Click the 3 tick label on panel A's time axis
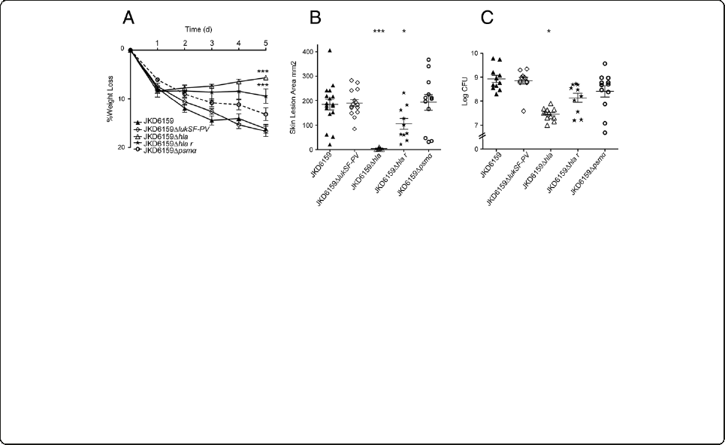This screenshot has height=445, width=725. coord(212,42)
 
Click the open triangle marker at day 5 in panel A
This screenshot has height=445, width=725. coord(266,77)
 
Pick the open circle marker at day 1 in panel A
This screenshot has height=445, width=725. coord(158,80)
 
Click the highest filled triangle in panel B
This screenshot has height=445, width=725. coord(329,51)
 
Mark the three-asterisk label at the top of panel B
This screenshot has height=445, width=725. coord(379,32)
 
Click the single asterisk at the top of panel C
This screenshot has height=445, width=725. coord(549,32)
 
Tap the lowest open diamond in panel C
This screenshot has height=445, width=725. coord(513,110)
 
